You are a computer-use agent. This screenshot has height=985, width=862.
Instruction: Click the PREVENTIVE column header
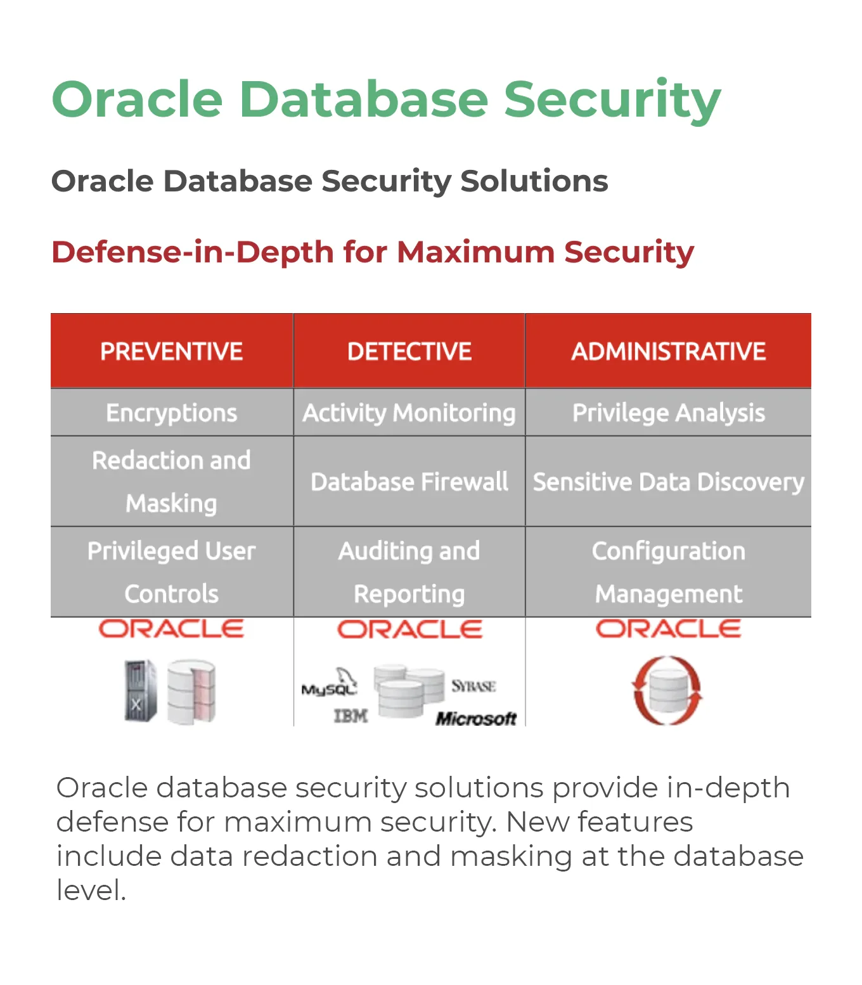(x=172, y=351)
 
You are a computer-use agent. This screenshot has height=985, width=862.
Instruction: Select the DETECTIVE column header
(x=409, y=351)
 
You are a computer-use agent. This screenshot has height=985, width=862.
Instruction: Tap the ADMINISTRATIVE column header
(x=668, y=351)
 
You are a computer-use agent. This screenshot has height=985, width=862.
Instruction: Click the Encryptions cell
(x=172, y=413)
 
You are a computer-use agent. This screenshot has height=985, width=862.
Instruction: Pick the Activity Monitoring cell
(x=409, y=413)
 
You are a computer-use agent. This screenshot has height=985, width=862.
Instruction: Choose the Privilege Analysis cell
(x=668, y=413)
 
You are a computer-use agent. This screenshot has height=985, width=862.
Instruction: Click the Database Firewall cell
(x=409, y=482)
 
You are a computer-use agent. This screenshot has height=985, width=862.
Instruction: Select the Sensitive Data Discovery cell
(x=668, y=482)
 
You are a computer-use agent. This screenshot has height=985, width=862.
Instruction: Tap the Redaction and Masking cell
(x=172, y=482)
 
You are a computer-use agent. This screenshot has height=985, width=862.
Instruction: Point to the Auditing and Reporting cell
(x=409, y=572)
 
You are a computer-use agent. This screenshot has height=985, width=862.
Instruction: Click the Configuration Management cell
(x=668, y=572)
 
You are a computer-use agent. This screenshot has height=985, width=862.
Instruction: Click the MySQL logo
(x=330, y=683)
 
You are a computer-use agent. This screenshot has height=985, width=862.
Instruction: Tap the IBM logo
(x=351, y=716)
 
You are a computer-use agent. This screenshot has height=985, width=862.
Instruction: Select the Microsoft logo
(x=476, y=719)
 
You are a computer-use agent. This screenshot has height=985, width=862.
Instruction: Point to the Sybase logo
(x=473, y=686)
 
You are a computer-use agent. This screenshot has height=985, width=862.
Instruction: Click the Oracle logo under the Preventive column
(x=171, y=629)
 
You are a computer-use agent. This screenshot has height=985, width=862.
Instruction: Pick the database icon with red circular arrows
(x=667, y=690)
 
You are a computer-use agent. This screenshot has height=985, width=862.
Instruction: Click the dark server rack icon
(x=141, y=690)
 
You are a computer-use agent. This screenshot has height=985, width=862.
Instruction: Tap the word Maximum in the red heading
(x=475, y=252)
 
